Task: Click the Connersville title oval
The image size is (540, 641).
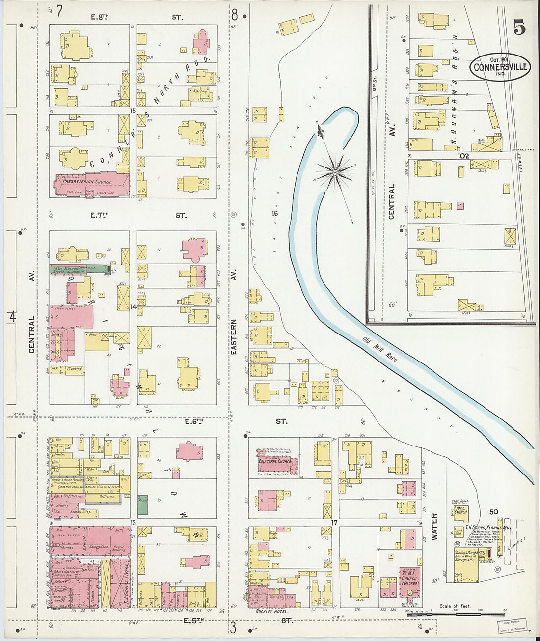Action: click(x=500, y=67)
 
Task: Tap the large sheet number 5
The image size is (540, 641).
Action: click(x=519, y=28)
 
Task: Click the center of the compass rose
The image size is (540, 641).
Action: click(x=335, y=172)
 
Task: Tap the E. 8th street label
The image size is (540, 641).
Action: click(x=100, y=17)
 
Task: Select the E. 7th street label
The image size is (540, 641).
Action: click(x=100, y=215)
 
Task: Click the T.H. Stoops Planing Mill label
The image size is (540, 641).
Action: click(x=486, y=528)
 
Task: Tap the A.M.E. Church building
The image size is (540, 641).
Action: click(x=460, y=513)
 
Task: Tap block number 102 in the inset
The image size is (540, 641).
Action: click(x=463, y=156)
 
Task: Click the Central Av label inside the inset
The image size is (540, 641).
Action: click(x=392, y=201)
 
